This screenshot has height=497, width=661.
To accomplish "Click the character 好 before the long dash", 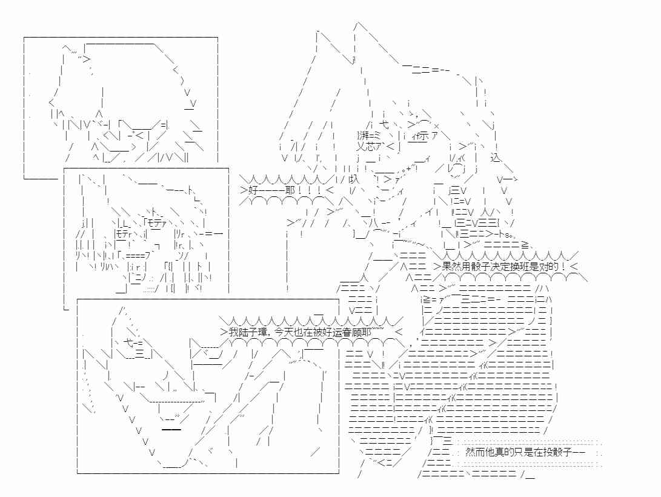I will click(253, 189).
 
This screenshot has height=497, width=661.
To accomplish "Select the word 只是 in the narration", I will click(526, 452).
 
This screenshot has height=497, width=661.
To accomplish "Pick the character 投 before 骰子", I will click(551, 452).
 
